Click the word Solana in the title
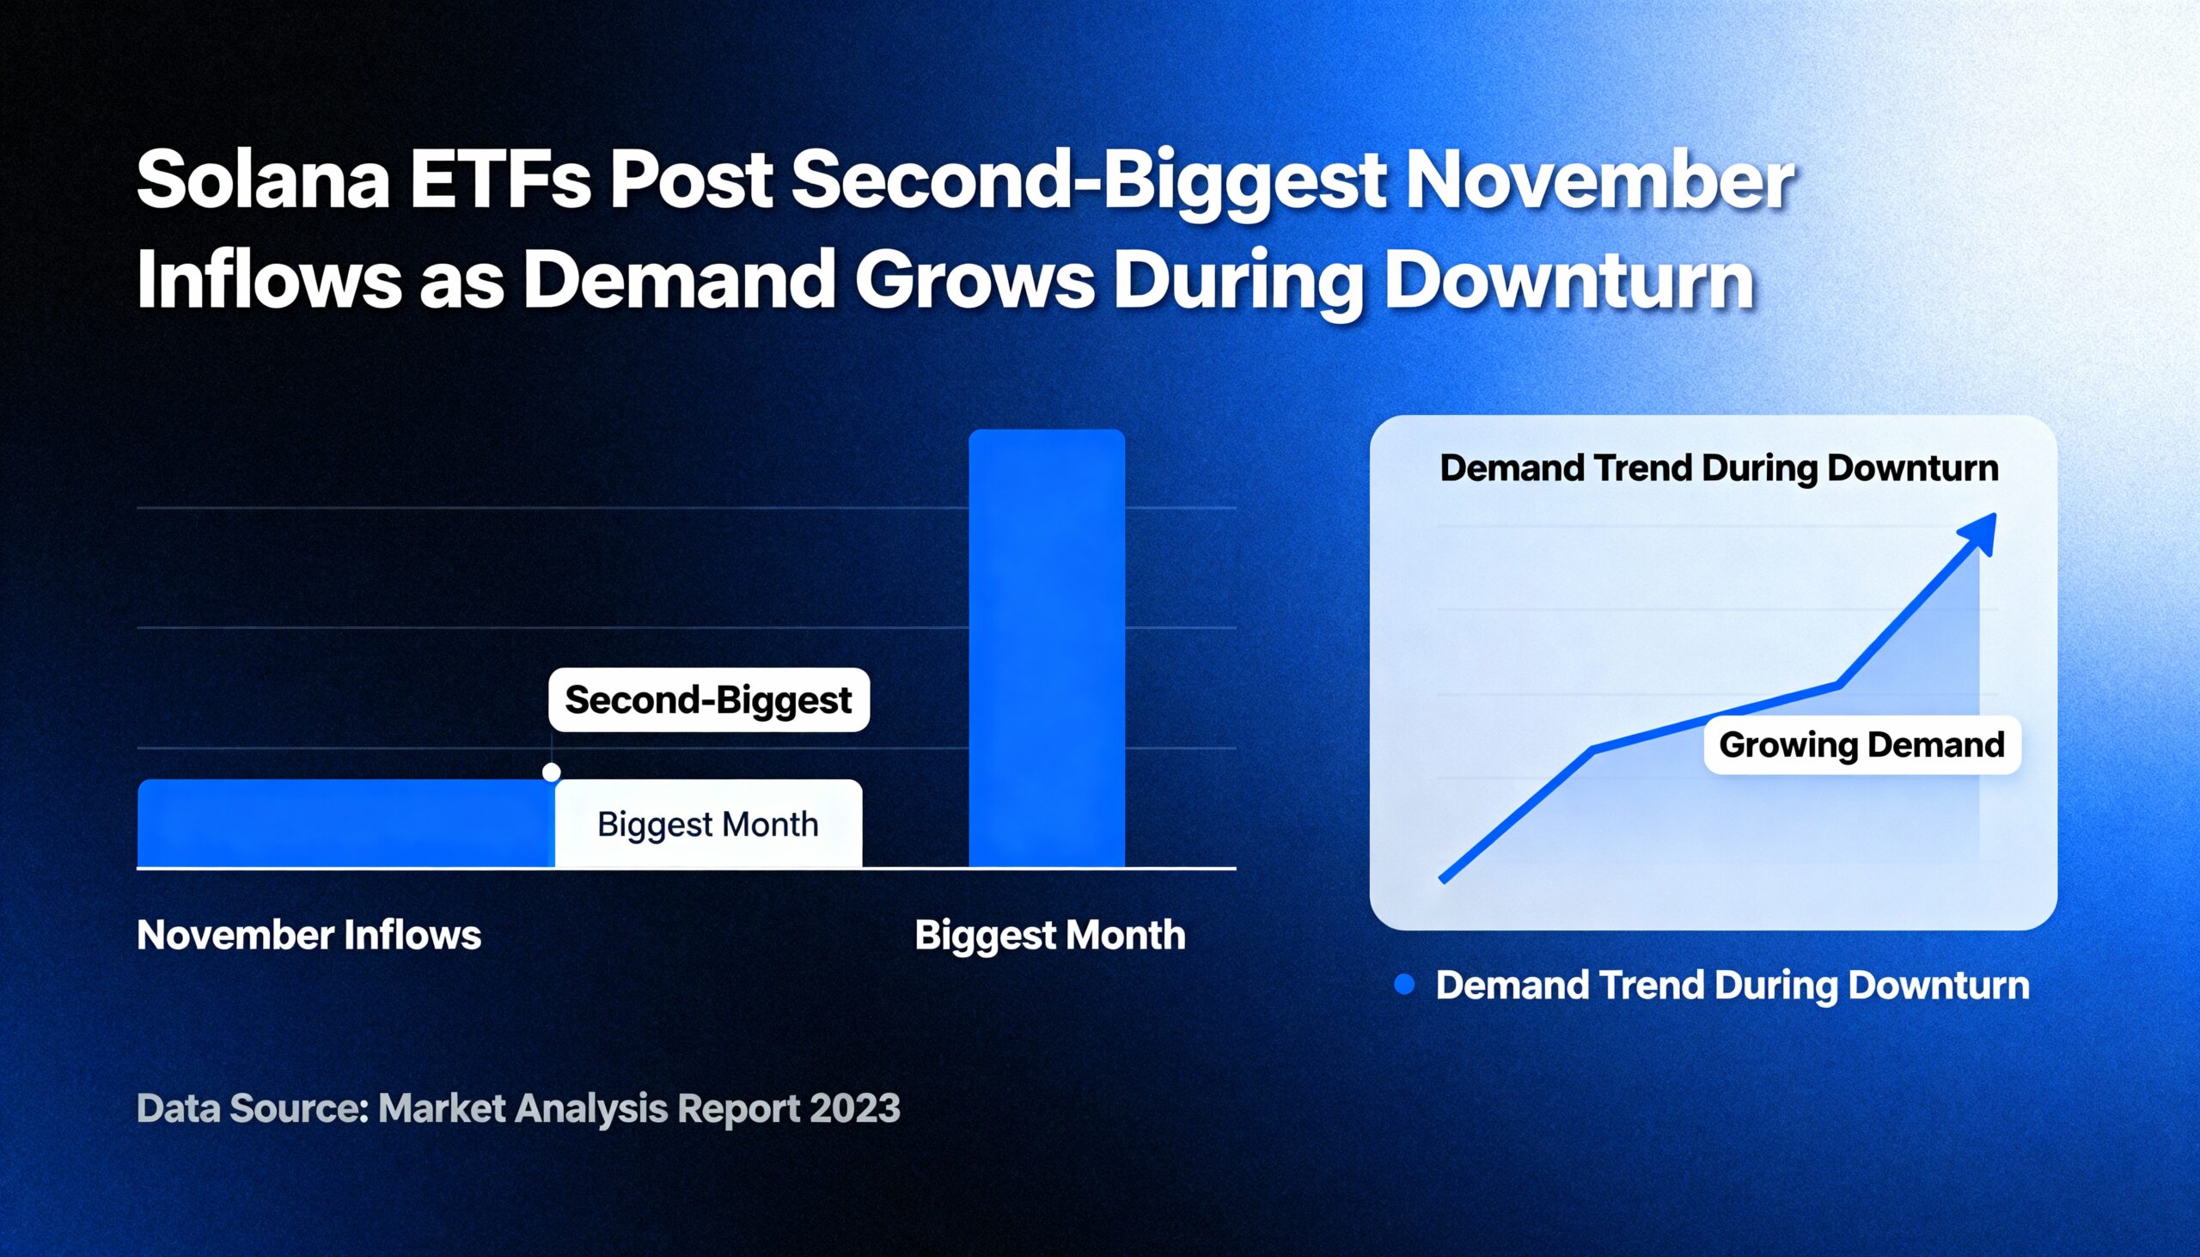point(263,180)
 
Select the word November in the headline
point(1600,180)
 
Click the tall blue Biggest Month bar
point(1047,648)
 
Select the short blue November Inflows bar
point(345,823)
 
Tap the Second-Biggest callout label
point(709,699)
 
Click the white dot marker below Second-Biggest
point(552,772)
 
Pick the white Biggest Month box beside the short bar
point(708,824)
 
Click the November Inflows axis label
point(309,935)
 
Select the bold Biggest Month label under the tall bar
point(1050,936)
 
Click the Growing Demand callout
point(1861,744)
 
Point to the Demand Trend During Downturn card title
point(1719,468)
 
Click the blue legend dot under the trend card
point(1405,984)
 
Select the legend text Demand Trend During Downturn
point(1732,985)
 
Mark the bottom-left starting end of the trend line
point(1442,880)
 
